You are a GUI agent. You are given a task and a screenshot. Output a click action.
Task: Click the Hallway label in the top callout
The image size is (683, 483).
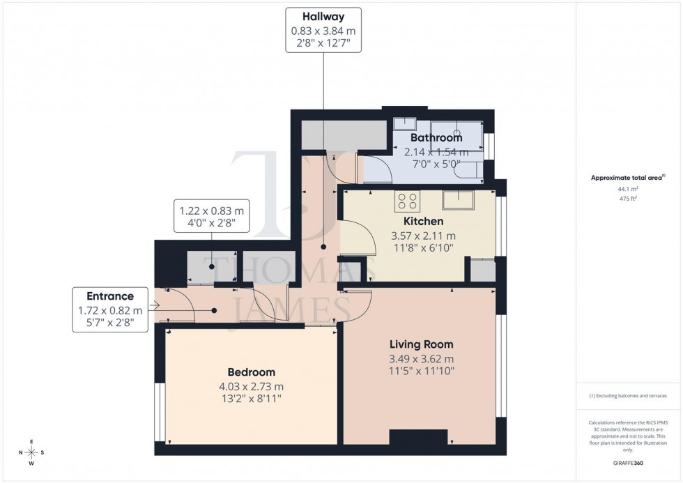pyautogui.click(x=323, y=17)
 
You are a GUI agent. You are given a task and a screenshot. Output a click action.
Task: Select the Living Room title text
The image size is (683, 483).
pyautogui.click(x=421, y=344)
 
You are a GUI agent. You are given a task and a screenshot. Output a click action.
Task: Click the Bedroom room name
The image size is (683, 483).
pyautogui.click(x=251, y=372)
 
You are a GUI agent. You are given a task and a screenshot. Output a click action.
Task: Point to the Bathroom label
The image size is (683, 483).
pyautogui.click(x=436, y=138)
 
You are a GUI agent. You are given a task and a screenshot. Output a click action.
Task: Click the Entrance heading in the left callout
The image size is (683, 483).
pyautogui.click(x=109, y=296)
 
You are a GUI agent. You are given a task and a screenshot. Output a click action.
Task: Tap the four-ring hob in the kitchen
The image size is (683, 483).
pyautogui.click(x=407, y=201)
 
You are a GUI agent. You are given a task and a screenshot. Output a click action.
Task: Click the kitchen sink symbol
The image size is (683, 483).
pyautogui.click(x=458, y=201)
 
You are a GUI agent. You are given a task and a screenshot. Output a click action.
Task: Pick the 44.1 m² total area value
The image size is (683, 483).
pyautogui.click(x=629, y=189)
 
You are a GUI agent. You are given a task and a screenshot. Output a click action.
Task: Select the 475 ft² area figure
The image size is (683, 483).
pyautogui.click(x=629, y=198)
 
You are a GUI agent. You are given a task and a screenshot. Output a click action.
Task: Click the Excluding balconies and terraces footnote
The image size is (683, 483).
pyautogui.click(x=628, y=396)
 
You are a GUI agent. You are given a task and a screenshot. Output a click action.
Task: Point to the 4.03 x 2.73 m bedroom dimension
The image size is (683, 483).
pyautogui.click(x=251, y=386)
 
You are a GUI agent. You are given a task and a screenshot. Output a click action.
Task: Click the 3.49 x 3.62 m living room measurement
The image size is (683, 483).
pyautogui.click(x=421, y=358)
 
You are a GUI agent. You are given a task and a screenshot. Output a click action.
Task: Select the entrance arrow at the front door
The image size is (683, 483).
pyautogui.click(x=154, y=306)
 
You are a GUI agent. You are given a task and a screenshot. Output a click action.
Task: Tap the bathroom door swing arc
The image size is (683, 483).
pyautogui.click(x=374, y=169)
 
